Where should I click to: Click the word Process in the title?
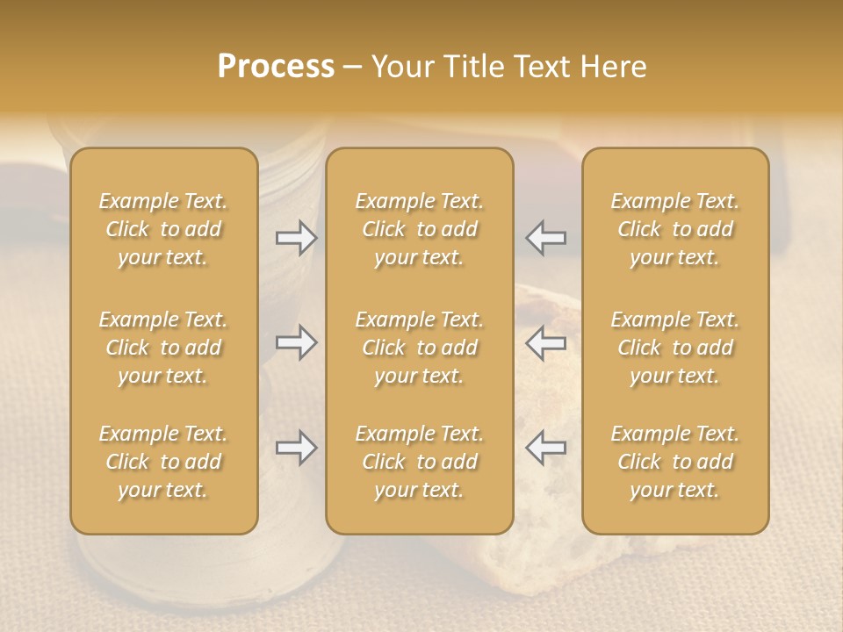(276, 67)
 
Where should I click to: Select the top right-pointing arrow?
(296, 238)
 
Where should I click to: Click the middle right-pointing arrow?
(296, 342)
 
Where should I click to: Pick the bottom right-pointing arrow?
(296, 448)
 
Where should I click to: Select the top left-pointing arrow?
(546, 238)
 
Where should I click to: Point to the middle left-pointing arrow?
(546, 342)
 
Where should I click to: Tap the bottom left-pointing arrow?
(546, 448)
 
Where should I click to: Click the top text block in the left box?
(163, 229)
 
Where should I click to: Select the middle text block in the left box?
(163, 348)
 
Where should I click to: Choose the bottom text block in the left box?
(163, 462)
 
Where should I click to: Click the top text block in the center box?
(420, 229)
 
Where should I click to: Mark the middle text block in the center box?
(420, 348)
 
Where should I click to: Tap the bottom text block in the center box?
(420, 462)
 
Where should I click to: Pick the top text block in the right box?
(675, 229)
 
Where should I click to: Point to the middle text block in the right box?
(675, 348)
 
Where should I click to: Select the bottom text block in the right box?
(675, 462)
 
